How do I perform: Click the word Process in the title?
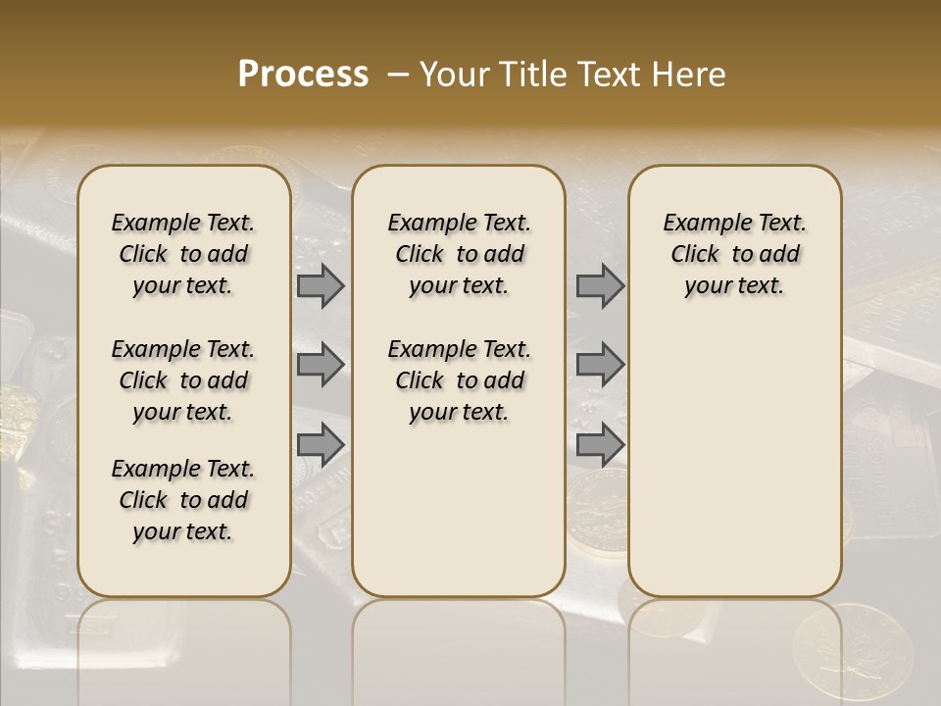tap(303, 75)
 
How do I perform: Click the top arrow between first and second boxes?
tap(321, 285)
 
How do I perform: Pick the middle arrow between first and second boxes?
tap(321, 365)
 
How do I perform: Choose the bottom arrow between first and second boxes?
tap(321, 444)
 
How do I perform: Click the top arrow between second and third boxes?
tap(600, 285)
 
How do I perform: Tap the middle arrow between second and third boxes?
tap(600, 365)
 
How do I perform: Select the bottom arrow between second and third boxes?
tap(600, 444)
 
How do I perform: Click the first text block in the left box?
tap(183, 254)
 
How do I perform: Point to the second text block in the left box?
tap(183, 380)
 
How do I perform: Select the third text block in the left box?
tap(183, 500)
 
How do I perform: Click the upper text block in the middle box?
tap(459, 254)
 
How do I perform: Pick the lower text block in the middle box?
tap(459, 380)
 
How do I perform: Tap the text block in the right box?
tap(734, 254)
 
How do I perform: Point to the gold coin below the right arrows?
tap(597, 511)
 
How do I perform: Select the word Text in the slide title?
tap(612, 75)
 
